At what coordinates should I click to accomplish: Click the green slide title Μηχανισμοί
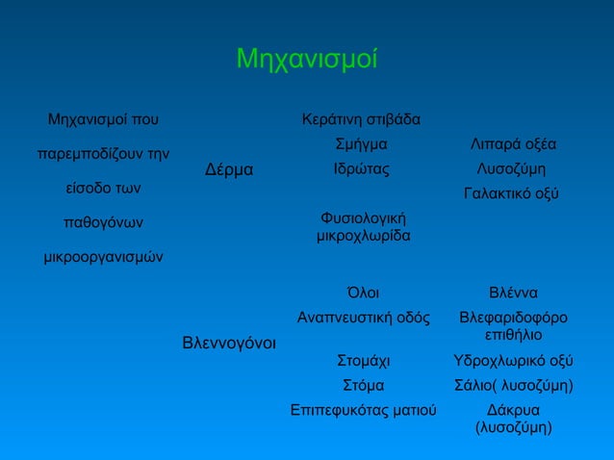click(x=306, y=61)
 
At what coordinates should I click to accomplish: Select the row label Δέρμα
click(x=229, y=170)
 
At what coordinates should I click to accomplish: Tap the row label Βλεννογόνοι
click(x=229, y=342)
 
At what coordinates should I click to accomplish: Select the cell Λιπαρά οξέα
click(x=513, y=144)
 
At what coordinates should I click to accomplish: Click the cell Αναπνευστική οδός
click(x=362, y=317)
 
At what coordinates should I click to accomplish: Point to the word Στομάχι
click(x=363, y=362)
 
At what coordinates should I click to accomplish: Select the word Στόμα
click(x=363, y=386)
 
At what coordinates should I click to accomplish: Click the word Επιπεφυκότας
click(x=333, y=411)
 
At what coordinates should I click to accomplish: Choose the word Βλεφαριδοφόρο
click(x=513, y=317)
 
